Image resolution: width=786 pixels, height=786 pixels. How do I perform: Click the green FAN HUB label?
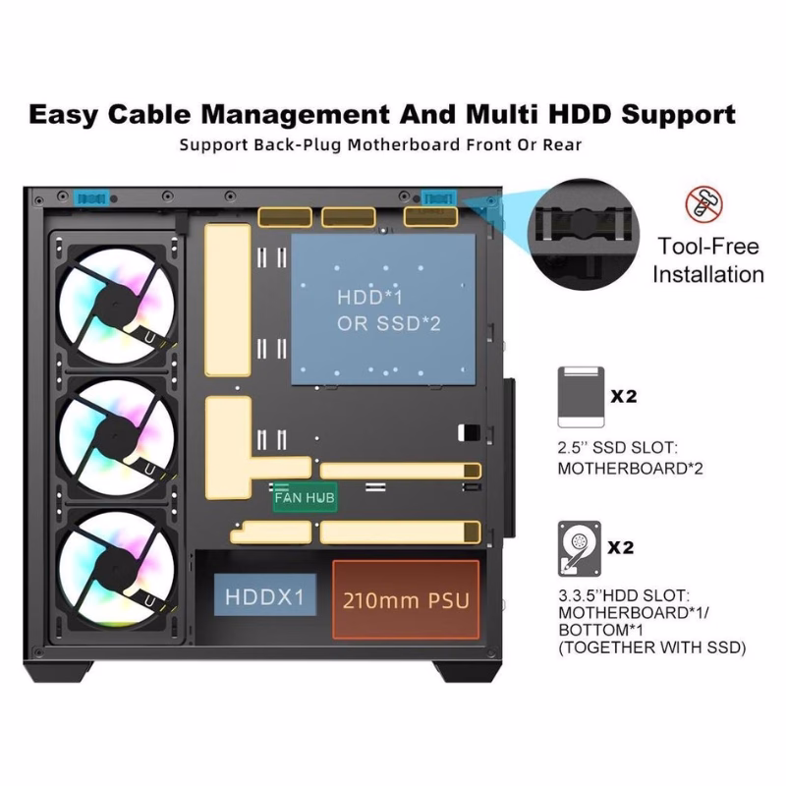coord(305,498)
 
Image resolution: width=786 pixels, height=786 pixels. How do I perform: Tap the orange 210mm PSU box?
coord(405,599)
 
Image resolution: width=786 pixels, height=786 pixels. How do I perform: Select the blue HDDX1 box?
coord(265,597)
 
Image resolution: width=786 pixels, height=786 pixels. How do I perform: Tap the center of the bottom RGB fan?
coord(121,570)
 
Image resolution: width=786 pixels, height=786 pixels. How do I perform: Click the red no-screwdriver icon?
coord(703,204)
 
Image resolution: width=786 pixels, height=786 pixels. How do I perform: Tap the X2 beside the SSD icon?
coord(624,397)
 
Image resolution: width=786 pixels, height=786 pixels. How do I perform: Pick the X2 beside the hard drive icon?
coord(624,546)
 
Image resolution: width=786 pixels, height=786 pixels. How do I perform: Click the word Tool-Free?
coord(707,246)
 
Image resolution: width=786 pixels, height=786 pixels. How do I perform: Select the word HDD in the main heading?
coord(586,114)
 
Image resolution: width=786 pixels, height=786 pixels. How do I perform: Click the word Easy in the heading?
coord(65,114)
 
